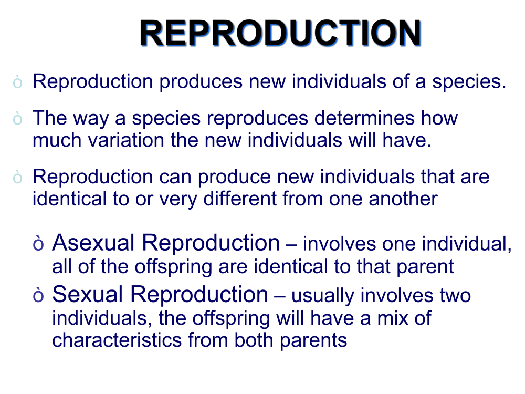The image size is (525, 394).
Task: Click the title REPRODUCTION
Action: pos(280,33)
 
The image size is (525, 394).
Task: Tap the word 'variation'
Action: pos(126,140)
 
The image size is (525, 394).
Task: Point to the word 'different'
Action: pos(240,199)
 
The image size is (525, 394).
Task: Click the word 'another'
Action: pos(403,199)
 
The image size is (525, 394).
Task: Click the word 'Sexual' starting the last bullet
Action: pos(88,294)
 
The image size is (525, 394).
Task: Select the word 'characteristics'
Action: pos(117,340)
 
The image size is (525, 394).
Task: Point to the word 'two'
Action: pos(455,295)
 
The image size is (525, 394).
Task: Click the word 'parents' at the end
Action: pos(313,341)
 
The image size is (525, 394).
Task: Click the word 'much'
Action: pos(57,140)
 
